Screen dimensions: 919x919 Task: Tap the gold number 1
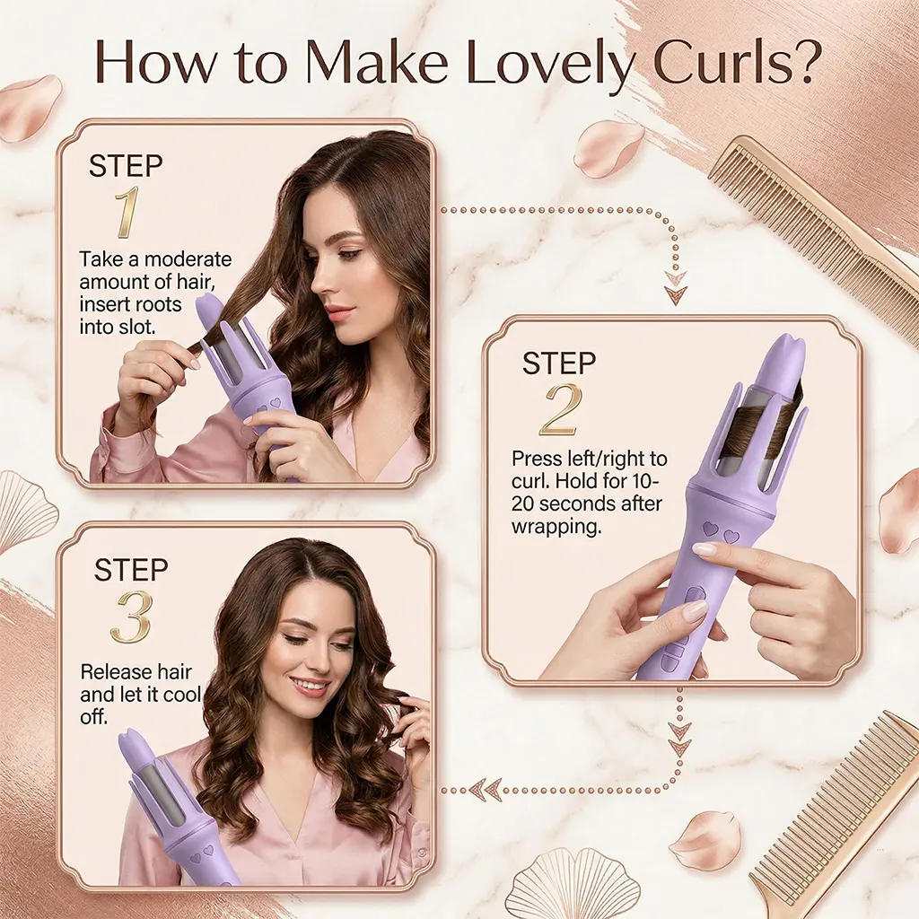(127, 212)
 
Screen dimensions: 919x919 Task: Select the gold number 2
(561, 410)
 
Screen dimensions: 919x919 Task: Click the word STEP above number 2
(558, 363)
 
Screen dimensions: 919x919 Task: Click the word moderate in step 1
(188, 258)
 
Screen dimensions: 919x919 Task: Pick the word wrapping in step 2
(556, 527)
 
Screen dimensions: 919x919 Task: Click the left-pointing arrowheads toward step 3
(485, 790)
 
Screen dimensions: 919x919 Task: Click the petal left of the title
(31, 108)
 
